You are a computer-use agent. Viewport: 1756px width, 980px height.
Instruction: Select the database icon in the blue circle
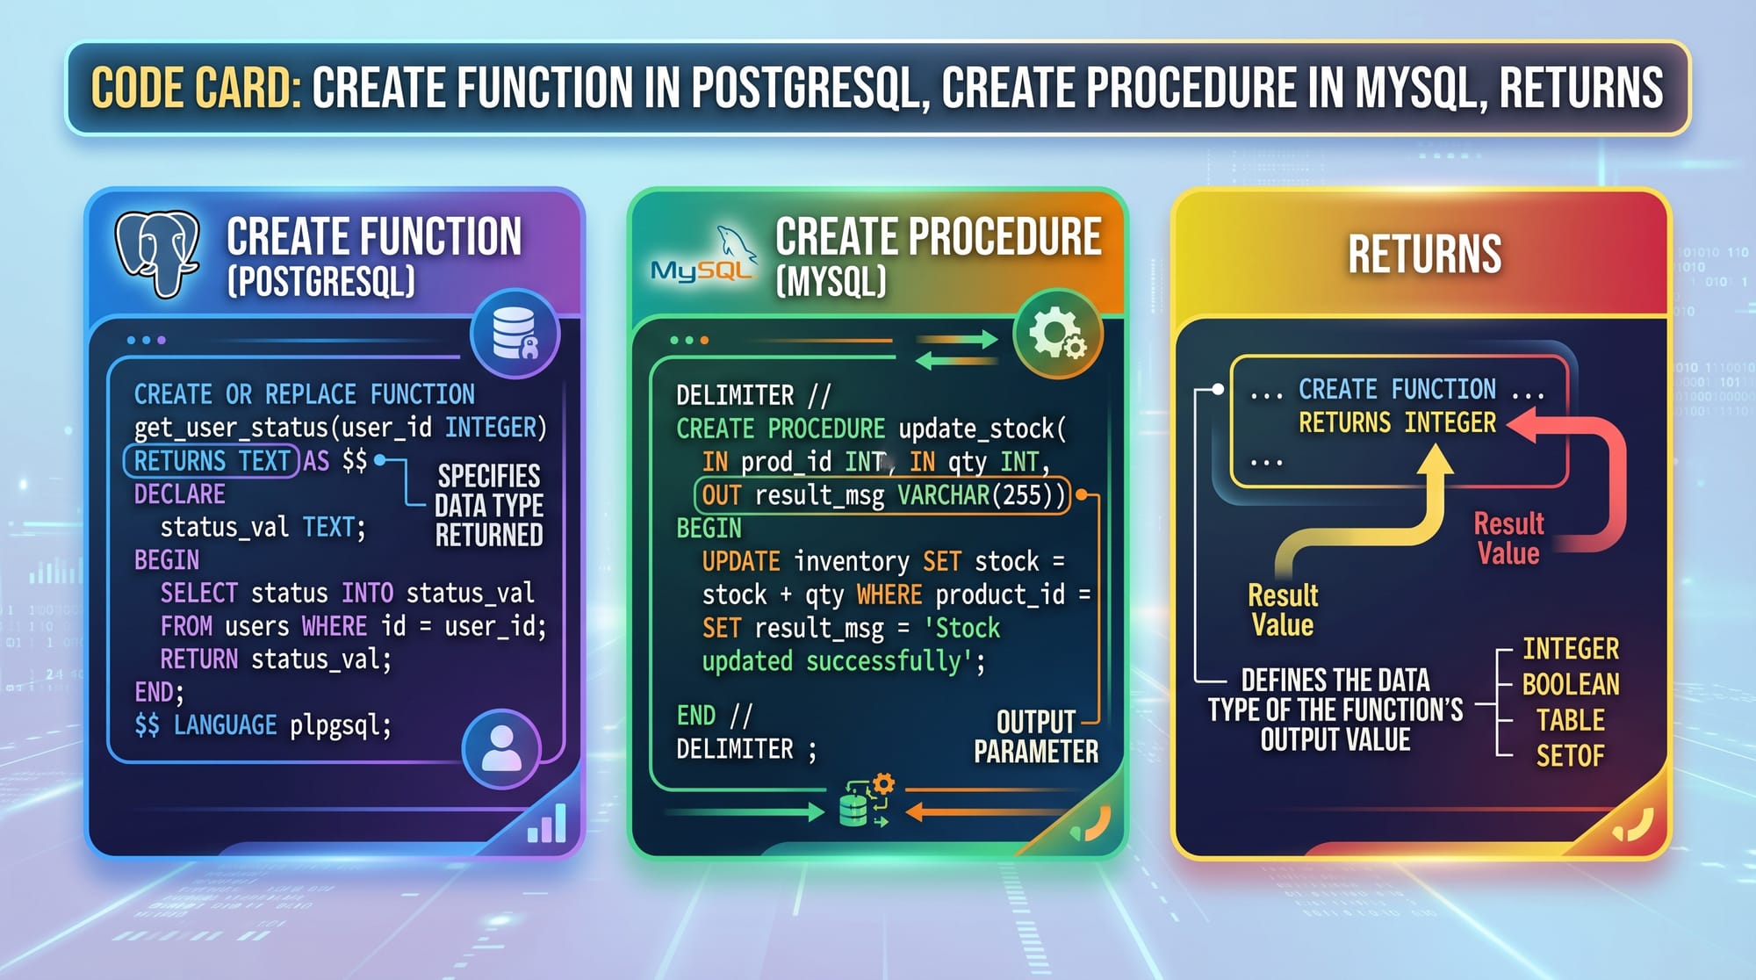pyautogui.click(x=515, y=334)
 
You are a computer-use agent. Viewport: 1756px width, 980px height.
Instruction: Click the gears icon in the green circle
pyautogui.click(x=1057, y=334)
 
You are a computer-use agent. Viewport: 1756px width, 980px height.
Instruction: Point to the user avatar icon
pyautogui.click(x=501, y=749)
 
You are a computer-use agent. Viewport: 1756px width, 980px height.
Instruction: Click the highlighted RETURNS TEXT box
pyautogui.click(x=212, y=461)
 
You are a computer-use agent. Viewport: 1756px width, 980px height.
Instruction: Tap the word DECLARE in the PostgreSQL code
pyautogui.click(x=180, y=494)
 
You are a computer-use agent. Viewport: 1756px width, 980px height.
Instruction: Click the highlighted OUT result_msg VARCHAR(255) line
pyautogui.click(x=882, y=495)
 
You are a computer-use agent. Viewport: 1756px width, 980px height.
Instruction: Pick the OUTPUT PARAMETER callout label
pyautogui.click(x=1036, y=737)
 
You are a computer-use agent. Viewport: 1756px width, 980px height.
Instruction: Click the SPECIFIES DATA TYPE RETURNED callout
pyautogui.click(x=489, y=506)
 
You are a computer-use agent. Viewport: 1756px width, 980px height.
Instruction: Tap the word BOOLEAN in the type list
pyautogui.click(x=1571, y=684)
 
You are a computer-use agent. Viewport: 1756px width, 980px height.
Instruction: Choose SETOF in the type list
pyautogui.click(x=1571, y=755)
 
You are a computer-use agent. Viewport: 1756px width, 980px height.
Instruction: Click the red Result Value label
pyautogui.click(x=1508, y=538)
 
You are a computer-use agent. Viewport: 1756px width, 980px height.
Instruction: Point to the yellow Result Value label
pyautogui.click(x=1283, y=609)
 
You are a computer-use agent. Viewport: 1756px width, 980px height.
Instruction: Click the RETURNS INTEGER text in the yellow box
pyautogui.click(x=1398, y=423)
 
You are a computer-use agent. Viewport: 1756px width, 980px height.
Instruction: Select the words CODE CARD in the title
pyautogui.click(x=195, y=88)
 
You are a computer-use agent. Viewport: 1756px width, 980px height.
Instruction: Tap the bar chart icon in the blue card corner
pyautogui.click(x=546, y=824)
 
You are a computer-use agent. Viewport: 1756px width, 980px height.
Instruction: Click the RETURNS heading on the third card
pyautogui.click(x=1425, y=254)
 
